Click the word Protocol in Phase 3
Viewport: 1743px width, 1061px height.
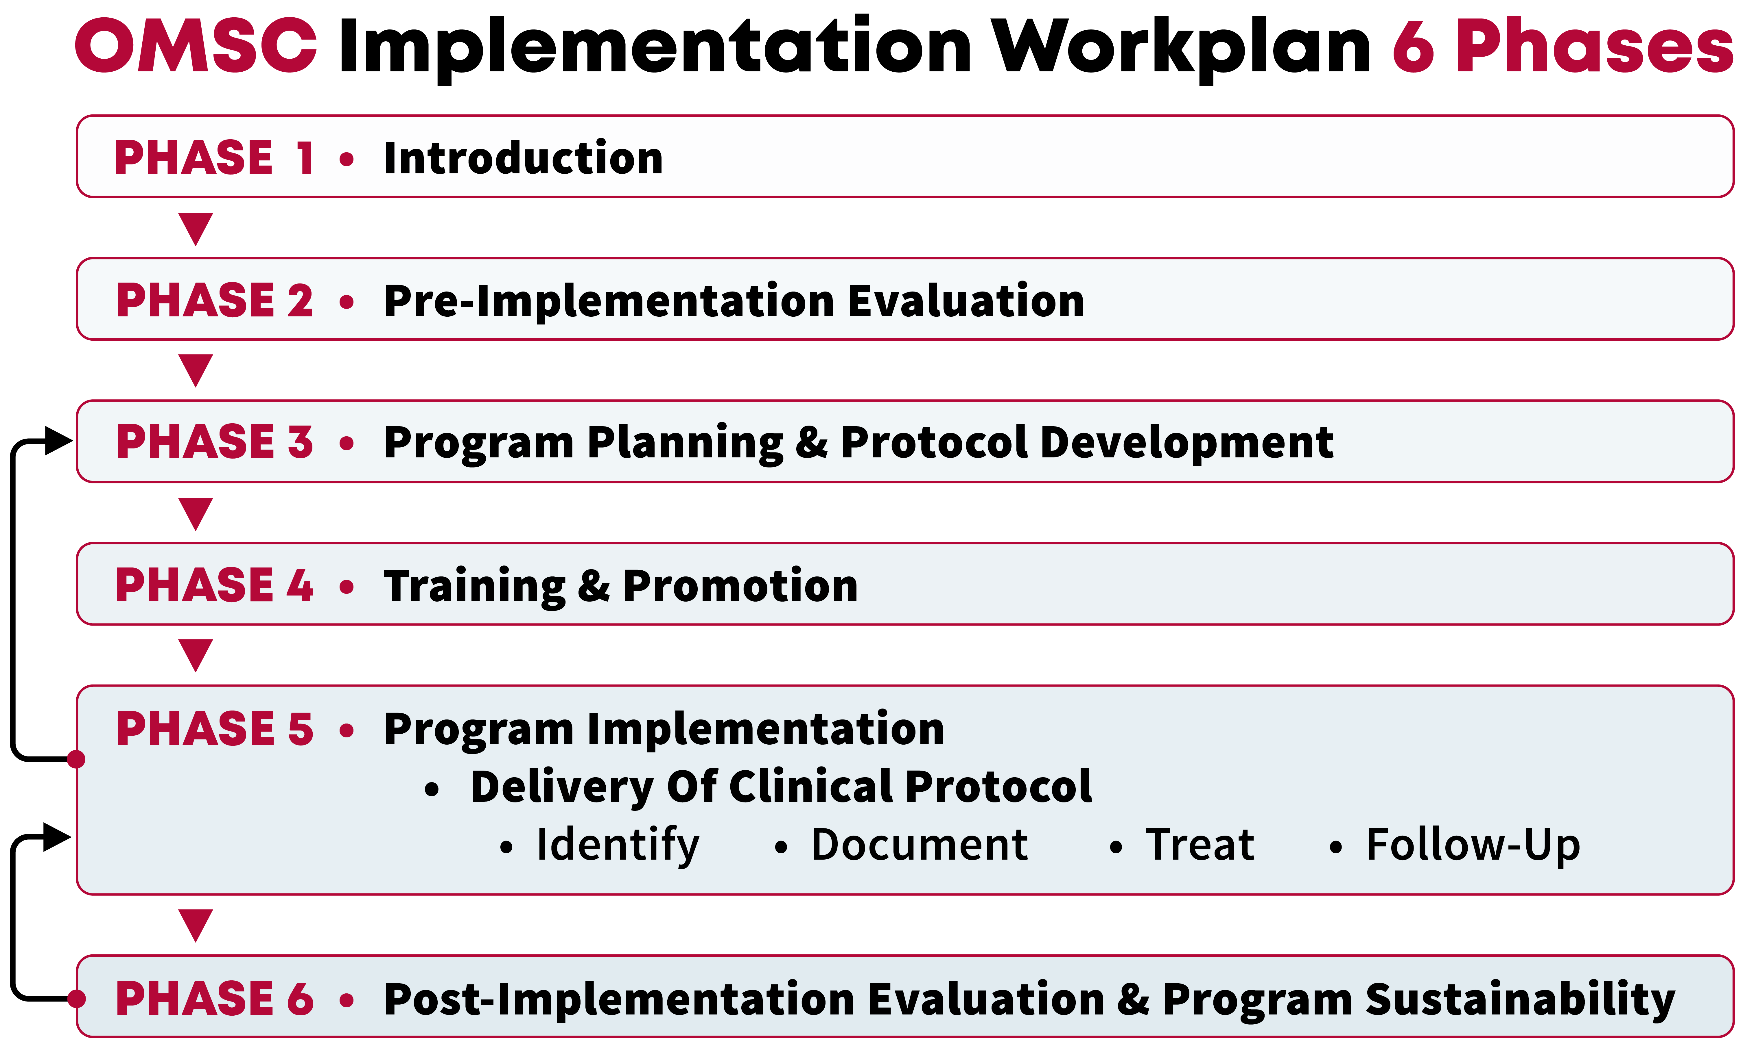(x=934, y=442)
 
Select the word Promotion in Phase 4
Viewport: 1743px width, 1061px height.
(x=740, y=586)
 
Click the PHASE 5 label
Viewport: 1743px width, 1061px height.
(x=214, y=729)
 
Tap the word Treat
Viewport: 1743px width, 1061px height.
(x=1200, y=845)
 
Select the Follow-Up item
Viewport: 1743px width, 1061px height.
(x=1473, y=845)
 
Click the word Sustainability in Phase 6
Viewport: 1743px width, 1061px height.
(x=1519, y=999)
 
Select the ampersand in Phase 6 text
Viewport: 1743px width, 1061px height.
(x=1133, y=999)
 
